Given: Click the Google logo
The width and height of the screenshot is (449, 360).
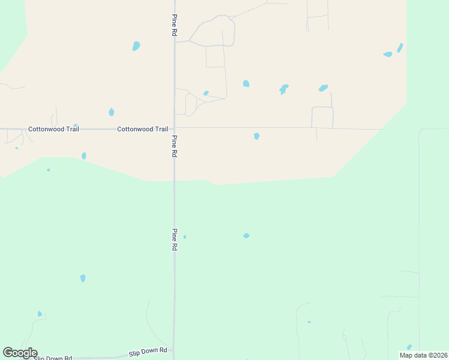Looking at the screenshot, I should pyautogui.click(x=20, y=353).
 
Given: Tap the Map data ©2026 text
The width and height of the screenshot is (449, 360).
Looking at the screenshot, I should pyautogui.click(x=423, y=355).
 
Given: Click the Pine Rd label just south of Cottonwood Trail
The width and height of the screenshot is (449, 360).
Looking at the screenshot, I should pyautogui.click(x=174, y=146).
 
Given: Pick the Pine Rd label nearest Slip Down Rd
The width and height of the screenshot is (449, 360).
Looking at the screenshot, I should pyautogui.click(x=175, y=239).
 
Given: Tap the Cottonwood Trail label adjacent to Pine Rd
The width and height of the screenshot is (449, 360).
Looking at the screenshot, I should pyautogui.click(x=142, y=129).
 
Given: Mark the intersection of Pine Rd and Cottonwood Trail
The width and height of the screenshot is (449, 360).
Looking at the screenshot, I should pyautogui.click(x=175, y=128).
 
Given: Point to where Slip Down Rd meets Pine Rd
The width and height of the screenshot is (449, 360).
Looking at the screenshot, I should pyautogui.click(x=174, y=350).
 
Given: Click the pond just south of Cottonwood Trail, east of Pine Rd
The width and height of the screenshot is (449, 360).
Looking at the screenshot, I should pyautogui.click(x=256, y=136).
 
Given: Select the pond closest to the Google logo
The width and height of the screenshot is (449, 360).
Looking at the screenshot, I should pyautogui.click(x=40, y=314).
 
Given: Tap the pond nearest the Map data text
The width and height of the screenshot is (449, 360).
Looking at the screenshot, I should pyautogui.click(x=409, y=347).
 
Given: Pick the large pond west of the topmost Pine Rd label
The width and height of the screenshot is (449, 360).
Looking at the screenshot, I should pyautogui.click(x=136, y=46).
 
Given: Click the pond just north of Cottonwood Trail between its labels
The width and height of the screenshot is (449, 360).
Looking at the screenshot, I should pyautogui.click(x=111, y=112).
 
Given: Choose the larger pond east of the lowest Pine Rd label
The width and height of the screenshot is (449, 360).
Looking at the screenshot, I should pyautogui.click(x=246, y=236).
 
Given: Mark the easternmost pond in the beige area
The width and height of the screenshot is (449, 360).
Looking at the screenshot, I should pyautogui.click(x=400, y=47).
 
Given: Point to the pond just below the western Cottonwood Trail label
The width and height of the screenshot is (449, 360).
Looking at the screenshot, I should pyautogui.click(x=83, y=156).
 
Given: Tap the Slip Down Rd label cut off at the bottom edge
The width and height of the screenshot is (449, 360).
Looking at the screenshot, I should pyautogui.click(x=53, y=358).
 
